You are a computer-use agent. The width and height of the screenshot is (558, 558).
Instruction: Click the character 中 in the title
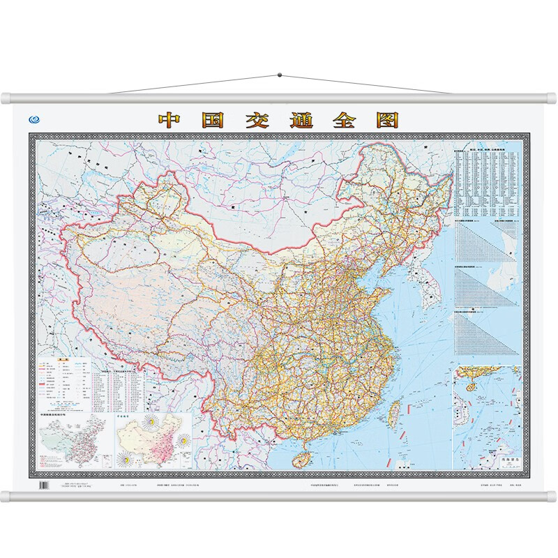point(170,119)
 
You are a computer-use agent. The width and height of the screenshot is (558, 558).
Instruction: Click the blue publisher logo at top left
point(33,119)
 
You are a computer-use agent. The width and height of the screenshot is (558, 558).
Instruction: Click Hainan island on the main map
point(305,454)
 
